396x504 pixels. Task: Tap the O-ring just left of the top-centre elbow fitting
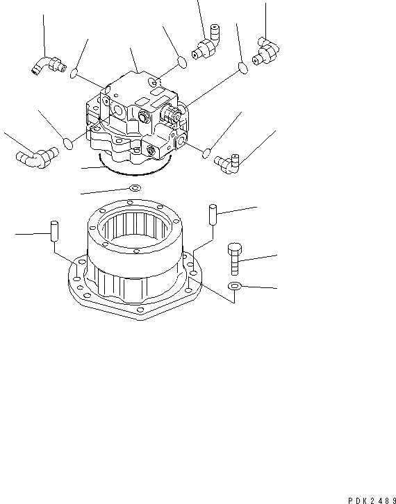tap(180, 63)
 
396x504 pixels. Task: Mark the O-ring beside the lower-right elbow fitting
tap(206, 152)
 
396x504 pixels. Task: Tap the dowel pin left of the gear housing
tap(53, 231)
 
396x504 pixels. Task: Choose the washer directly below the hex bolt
tap(235, 287)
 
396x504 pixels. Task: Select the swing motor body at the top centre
tap(135, 111)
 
